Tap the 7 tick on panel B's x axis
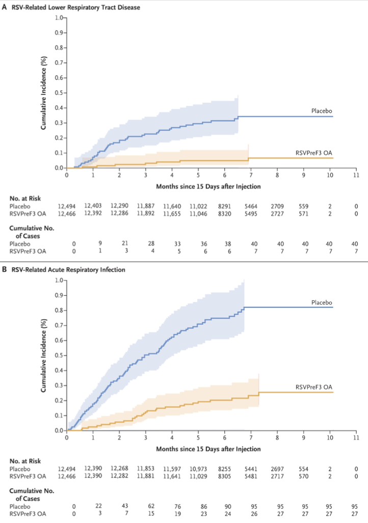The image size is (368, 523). (x=251, y=438)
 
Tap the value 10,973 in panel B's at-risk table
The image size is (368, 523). (x=198, y=467)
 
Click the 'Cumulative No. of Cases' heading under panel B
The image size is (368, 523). (x=31, y=493)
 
